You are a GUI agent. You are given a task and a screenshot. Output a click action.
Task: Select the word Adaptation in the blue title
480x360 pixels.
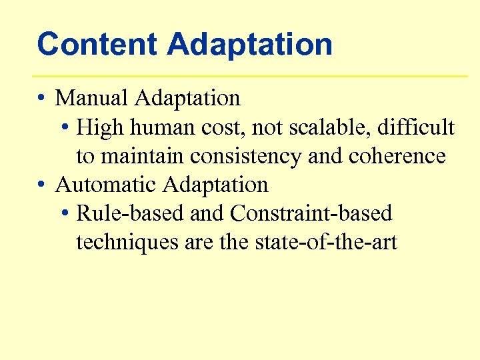250,45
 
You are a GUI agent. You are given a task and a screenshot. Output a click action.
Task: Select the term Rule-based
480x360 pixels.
130,213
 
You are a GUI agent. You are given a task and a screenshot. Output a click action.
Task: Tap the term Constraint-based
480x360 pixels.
311,213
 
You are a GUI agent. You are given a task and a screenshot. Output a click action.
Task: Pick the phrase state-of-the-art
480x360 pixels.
326,243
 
